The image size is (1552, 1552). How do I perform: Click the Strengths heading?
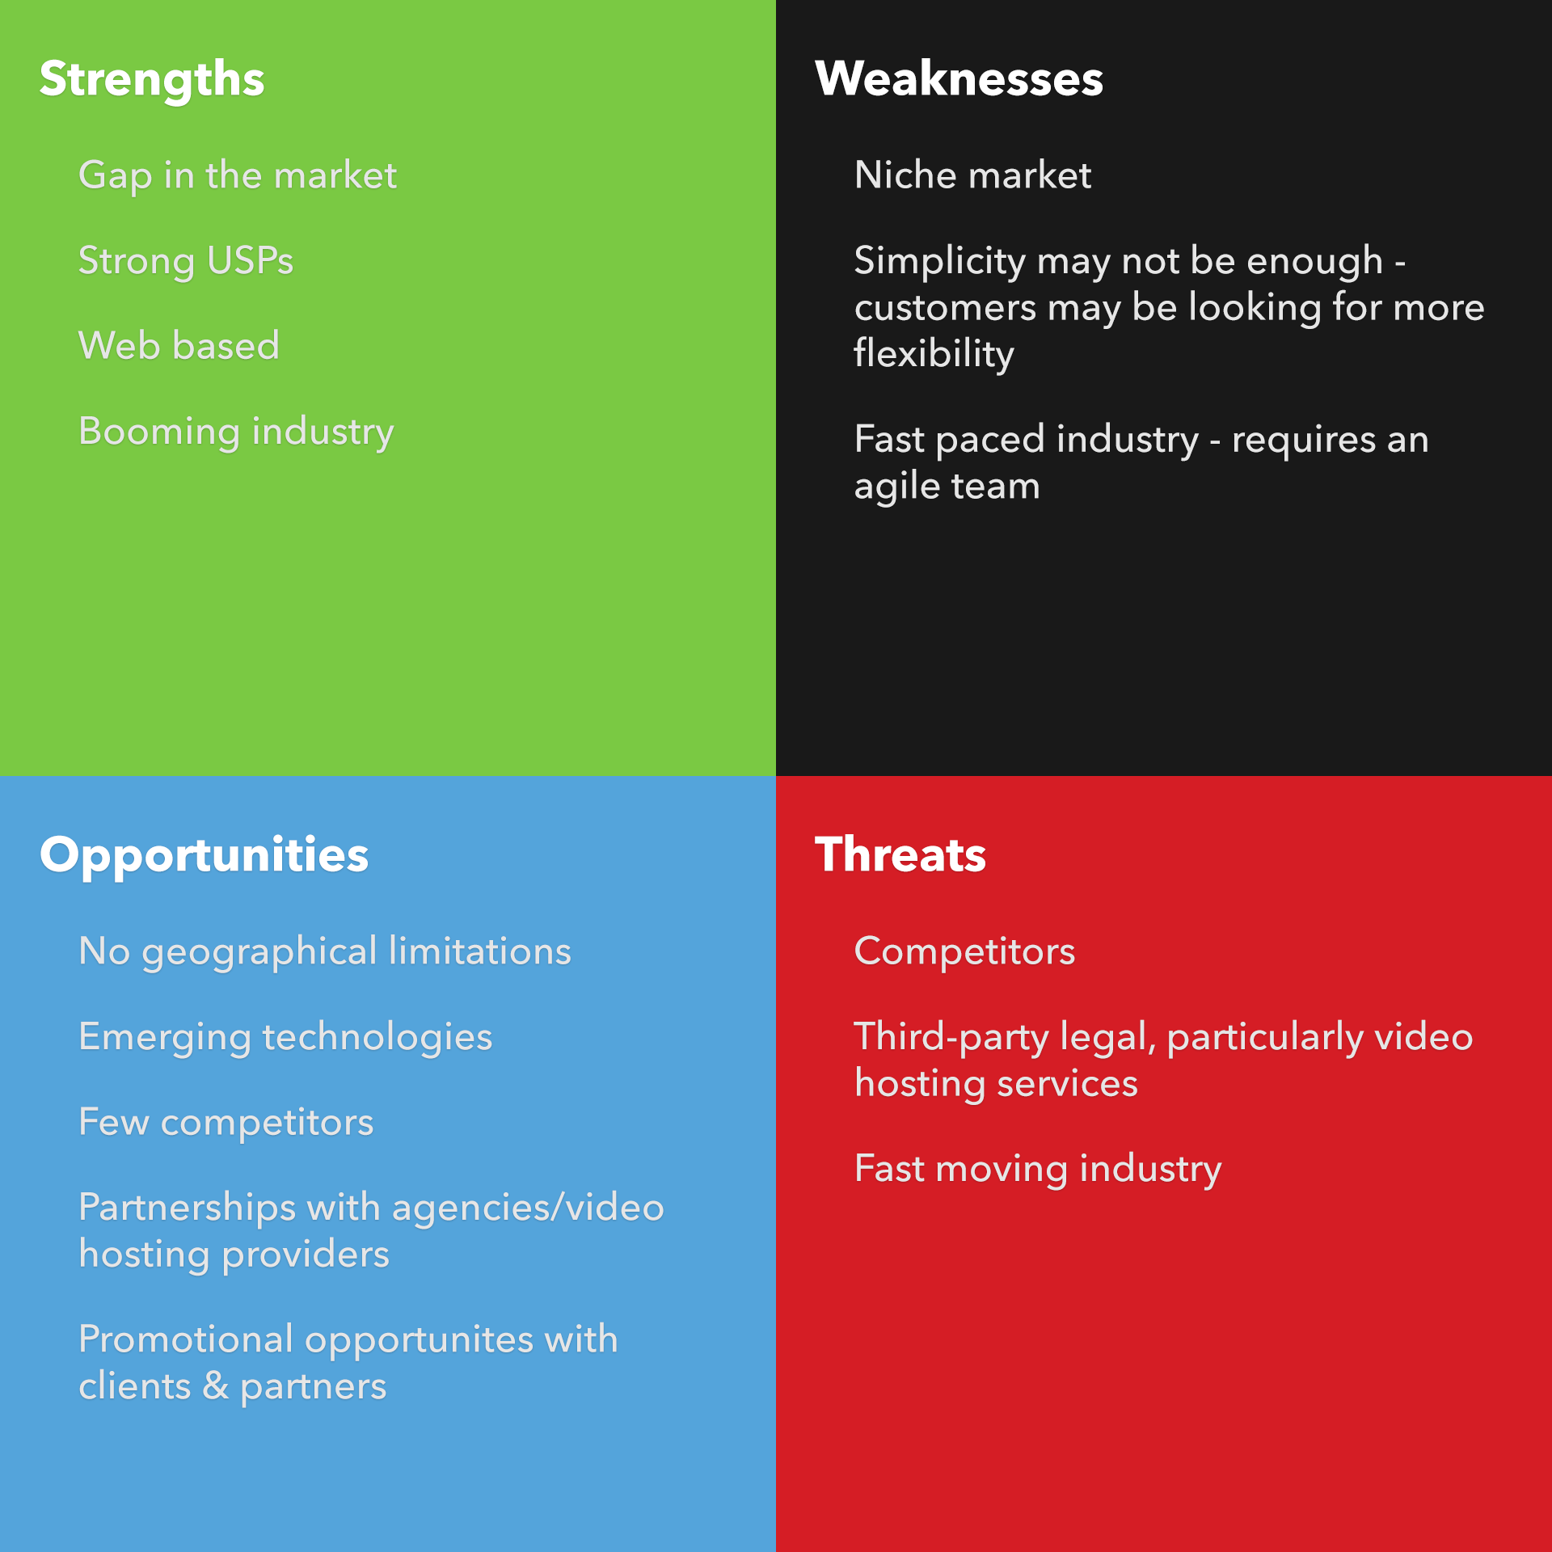coord(152,80)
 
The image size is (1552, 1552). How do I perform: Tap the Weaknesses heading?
coord(959,78)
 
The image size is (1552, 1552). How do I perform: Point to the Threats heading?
coord(900,854)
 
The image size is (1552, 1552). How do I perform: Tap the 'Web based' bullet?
coord(179,345)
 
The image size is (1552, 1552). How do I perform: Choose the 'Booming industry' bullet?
coord(236,432)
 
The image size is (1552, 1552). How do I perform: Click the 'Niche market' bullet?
coord(972,175)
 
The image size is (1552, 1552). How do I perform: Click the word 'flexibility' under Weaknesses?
coord(934,355)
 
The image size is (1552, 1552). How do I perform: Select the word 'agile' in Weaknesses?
coord(896,487)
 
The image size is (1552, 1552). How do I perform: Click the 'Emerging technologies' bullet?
coord(285,1038)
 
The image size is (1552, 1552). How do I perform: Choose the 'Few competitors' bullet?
coord(226,1123)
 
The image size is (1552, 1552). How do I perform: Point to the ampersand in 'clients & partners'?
coord(215,1386)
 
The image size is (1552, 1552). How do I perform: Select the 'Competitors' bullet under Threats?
coord(964,951)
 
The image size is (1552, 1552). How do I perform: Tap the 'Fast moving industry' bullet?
coord(1038,1170)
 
